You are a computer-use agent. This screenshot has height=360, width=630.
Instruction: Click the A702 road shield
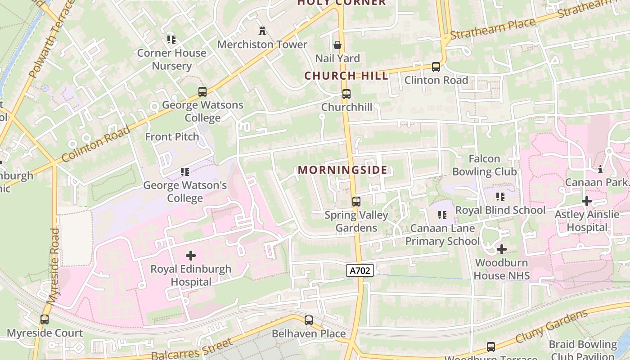click(x=360, y=270)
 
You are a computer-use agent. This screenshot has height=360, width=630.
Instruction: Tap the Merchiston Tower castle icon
click(x=262, y=31)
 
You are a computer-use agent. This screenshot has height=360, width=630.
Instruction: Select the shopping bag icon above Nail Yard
click(x=337, y=45)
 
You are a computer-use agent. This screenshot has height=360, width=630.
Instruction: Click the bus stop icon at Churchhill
click(x=346, y=94)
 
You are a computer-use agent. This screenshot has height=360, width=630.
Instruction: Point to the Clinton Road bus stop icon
click(x=436, y=67)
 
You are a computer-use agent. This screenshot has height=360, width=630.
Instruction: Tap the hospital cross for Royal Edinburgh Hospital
click(x=191, y=256)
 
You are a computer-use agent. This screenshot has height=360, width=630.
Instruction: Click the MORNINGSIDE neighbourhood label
click(x=342, y=170)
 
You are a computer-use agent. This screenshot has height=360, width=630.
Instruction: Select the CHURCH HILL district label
click(x=346, y=76)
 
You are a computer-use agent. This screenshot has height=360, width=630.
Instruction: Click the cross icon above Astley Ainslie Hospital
click(x=586, y=201)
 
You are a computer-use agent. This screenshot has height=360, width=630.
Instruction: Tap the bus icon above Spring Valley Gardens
click(x=356, y=201)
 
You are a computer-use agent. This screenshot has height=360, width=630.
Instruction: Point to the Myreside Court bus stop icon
click(x=44, y=319)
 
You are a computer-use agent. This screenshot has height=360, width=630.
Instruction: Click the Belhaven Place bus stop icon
click(x=308, y=320)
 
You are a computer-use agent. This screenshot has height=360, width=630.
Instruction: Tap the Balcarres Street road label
click(x=192, y=350)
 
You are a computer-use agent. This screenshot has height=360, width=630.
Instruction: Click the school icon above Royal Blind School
click(x=500, y=197)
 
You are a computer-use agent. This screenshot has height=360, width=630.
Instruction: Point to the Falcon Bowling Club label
click(x=484, y=165)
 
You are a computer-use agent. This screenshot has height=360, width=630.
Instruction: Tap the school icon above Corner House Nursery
click(x=171, y=40)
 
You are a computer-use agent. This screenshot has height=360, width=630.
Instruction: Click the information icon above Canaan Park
click(x=599, y=169)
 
